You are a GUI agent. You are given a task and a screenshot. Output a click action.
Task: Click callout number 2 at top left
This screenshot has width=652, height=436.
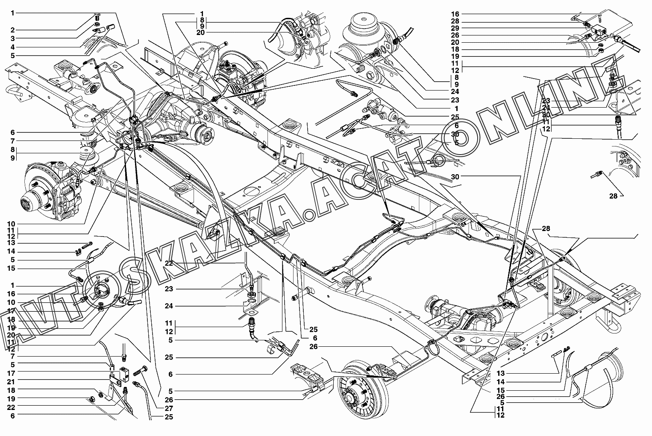tap(13, 30)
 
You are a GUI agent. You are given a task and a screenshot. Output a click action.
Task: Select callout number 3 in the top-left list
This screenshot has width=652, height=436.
tap(13, 38)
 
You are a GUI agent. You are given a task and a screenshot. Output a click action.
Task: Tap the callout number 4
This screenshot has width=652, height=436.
tap(13, 47)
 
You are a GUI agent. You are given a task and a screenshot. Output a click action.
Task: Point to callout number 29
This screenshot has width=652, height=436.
tap(455, 28)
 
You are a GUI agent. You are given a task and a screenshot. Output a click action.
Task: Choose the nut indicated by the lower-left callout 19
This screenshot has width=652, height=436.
tap(92, 400)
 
